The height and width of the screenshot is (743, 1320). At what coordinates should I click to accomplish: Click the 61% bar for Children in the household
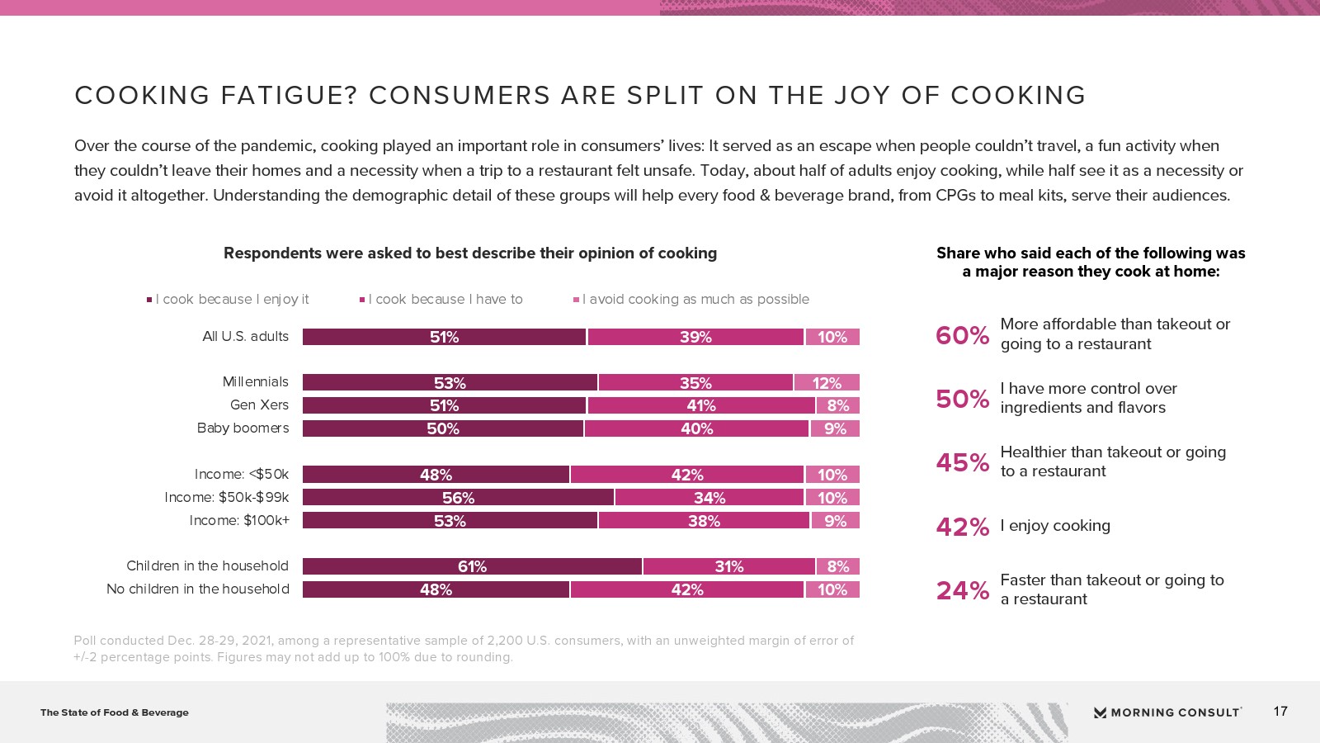472,566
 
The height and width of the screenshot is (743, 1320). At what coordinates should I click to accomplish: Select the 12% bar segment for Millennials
827,383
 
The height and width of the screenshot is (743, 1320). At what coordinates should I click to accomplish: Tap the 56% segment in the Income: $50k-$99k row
458,498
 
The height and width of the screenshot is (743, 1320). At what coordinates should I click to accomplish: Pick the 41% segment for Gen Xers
701,405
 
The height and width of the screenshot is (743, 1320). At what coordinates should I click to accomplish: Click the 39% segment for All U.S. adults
695,337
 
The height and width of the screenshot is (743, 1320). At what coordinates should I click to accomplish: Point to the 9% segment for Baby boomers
835,428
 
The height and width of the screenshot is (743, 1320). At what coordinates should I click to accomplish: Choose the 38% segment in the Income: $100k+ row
704,521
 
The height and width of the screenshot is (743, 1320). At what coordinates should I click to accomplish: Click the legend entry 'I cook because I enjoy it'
232,299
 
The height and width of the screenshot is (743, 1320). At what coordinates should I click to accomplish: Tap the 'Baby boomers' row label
243,428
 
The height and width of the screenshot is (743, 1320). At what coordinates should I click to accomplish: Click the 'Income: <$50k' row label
242,474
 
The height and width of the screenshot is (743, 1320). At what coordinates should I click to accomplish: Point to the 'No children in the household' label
198,589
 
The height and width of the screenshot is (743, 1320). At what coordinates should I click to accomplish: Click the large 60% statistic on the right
962,335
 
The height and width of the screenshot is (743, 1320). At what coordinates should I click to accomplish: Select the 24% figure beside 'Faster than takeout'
962,590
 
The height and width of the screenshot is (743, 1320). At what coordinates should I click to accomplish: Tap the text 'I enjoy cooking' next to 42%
1055,526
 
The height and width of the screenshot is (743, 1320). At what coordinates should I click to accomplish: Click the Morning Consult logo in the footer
1167,712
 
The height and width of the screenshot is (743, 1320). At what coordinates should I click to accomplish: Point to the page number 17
1280,711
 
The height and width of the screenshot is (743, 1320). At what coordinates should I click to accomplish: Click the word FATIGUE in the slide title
289,96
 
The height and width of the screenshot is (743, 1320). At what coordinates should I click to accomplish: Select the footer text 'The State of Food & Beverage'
115,712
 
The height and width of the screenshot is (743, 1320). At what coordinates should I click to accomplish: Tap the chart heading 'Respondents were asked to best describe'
470,253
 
